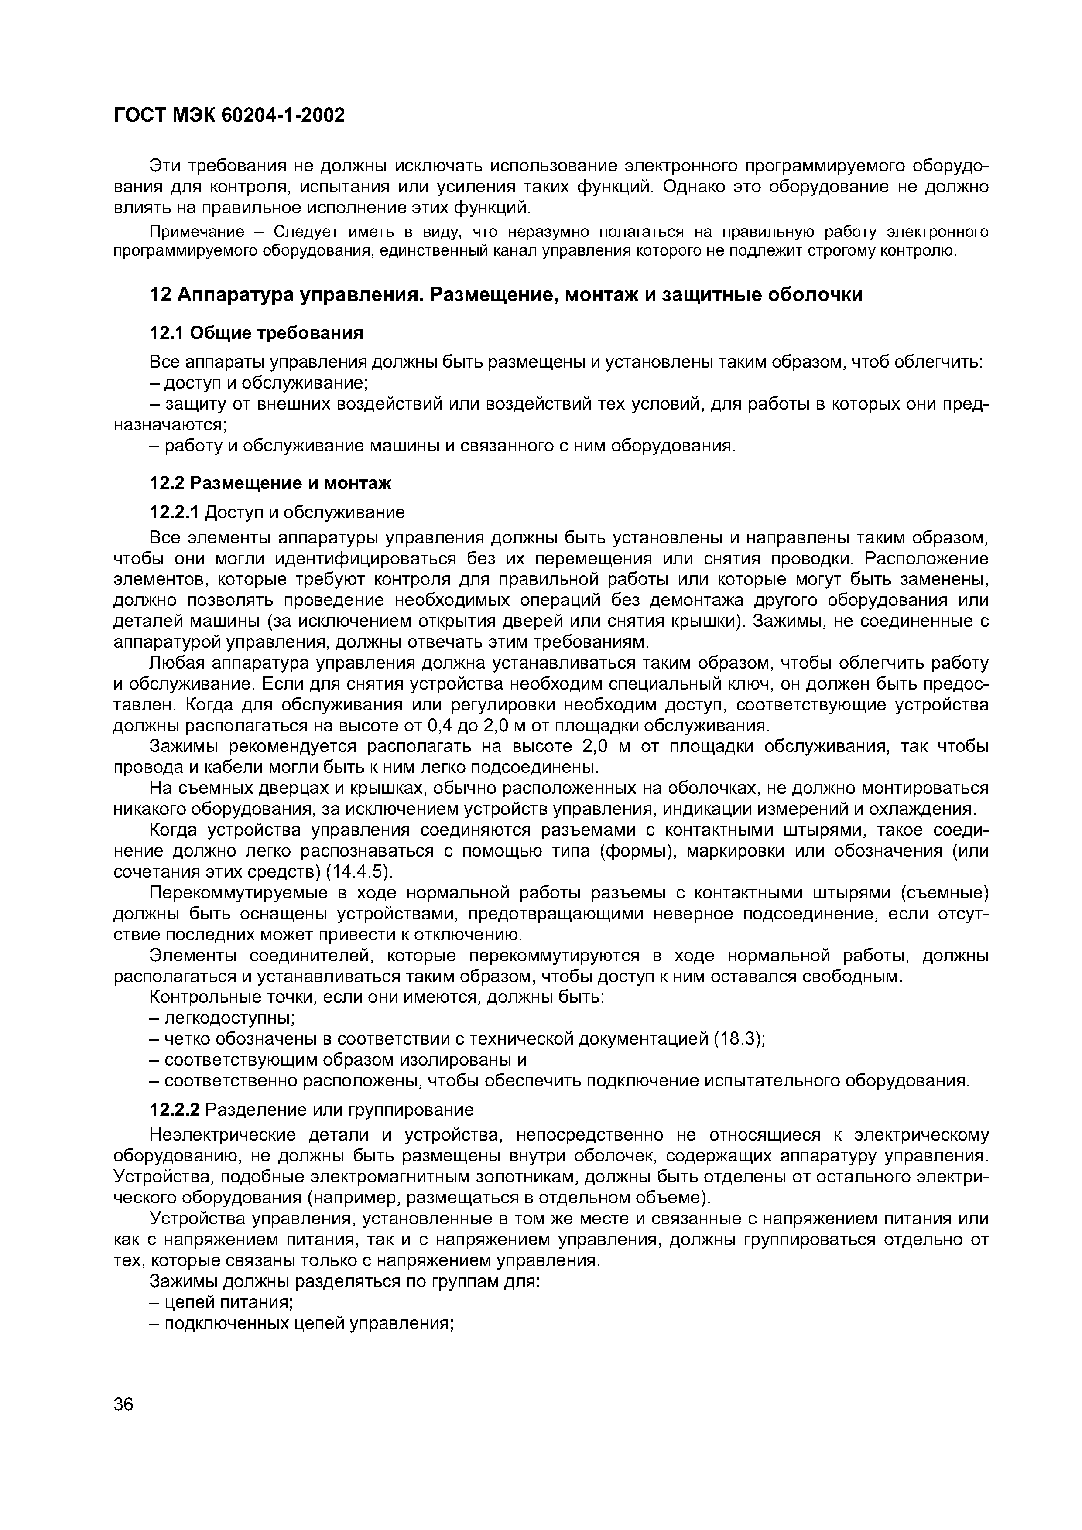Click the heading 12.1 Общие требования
pos(257,332)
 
